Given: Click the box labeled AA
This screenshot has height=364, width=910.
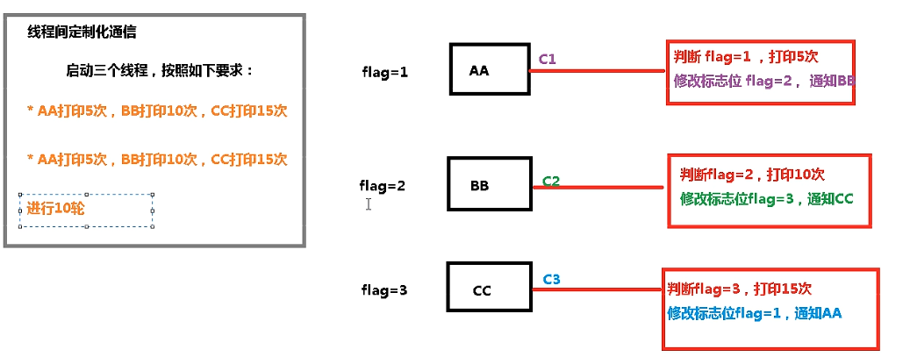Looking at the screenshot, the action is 490,68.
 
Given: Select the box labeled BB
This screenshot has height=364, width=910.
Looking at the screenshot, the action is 490,183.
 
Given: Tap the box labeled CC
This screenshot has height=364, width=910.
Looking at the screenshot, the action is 489,289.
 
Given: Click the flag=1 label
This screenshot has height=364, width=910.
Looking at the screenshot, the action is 384,73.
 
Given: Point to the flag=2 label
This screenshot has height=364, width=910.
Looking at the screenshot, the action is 382,186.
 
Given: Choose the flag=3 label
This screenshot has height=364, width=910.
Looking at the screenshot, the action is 384,289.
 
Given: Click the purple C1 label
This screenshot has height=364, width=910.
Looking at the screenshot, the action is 548,59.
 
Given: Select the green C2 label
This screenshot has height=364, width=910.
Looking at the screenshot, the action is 551,181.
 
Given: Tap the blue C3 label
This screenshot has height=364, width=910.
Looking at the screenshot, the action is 551,280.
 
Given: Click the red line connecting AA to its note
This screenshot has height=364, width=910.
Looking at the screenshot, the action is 598,71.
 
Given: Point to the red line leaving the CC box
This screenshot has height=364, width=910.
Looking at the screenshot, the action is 598,289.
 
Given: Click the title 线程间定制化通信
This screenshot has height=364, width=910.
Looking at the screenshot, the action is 82,32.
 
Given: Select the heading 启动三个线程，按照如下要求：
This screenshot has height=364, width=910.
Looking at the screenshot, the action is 160,71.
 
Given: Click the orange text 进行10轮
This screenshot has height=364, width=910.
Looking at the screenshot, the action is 55,209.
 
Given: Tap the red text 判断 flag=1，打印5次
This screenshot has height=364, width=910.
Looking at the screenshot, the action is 746,57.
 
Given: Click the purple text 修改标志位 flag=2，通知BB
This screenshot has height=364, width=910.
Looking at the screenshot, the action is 764,82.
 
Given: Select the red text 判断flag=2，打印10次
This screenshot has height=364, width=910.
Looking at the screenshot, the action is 752,174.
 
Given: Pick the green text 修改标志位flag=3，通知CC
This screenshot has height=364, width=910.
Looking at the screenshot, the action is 767,199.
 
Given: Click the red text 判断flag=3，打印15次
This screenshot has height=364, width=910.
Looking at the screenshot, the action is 740,288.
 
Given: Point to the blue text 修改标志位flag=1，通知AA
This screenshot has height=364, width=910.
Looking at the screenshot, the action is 755,314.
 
